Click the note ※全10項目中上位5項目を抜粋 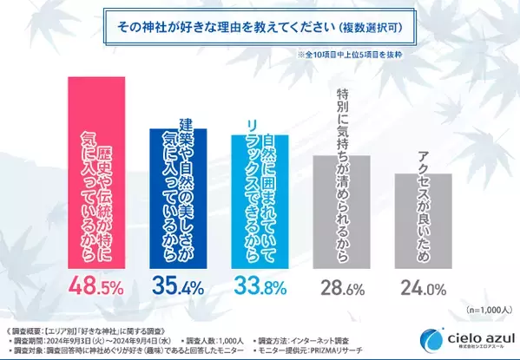(372, 56)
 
